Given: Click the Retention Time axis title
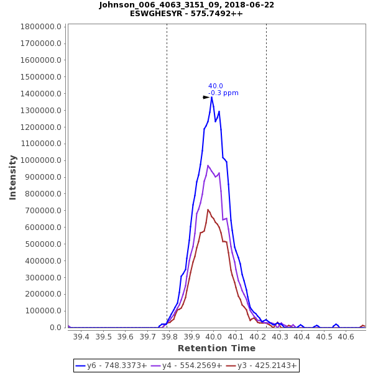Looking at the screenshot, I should [216, 348].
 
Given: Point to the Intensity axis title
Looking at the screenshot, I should [12, 177].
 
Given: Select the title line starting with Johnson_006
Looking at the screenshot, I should [186, 5].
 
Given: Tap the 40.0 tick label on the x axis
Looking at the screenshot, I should [213, 336].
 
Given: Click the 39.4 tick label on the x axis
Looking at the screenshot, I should [81, 336].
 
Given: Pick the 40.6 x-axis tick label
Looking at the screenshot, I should [346, 336].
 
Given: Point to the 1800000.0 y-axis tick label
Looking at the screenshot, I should [41, 27].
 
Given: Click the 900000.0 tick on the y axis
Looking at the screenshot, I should [44, 177].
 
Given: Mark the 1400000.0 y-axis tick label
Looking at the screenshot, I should [41, 94].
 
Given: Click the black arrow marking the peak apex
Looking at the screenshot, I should [206, 98].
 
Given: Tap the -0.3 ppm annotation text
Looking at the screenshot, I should [223, 93].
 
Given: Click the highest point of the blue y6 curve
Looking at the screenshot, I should [211, 97].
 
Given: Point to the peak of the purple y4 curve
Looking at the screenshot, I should [208, 165].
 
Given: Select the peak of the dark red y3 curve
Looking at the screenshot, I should [208, 210].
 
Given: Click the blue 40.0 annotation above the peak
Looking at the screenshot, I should [216, 86].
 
